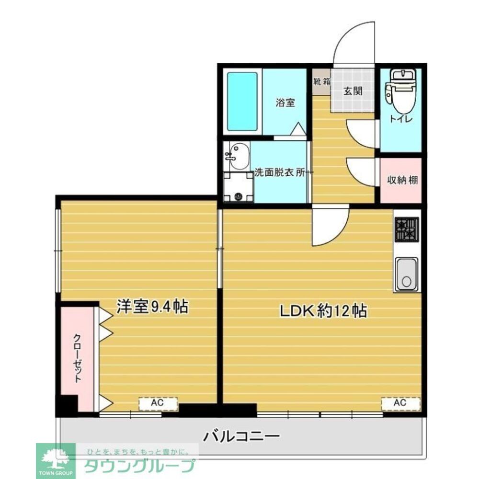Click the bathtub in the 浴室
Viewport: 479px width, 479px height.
(x=242, y=101)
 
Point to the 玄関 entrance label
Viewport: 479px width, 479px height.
(x=353, y=91)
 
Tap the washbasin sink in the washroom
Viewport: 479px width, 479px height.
(x=237, y=157)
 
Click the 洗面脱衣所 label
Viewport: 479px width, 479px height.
(x=280, y=173)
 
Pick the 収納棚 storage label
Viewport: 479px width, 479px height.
(x=401, y=181)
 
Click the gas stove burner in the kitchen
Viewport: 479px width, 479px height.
(x=406, y=230)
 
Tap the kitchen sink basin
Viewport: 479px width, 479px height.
(x=406, y=274)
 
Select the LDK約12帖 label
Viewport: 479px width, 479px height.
(x=323, y=311)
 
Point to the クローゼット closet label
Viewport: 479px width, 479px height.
(x=77, y=357)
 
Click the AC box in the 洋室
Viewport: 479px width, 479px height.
(x=158, y=403)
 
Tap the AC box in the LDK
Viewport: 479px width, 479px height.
(x=400, y=403)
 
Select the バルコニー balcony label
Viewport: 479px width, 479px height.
(x=241, y=437)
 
